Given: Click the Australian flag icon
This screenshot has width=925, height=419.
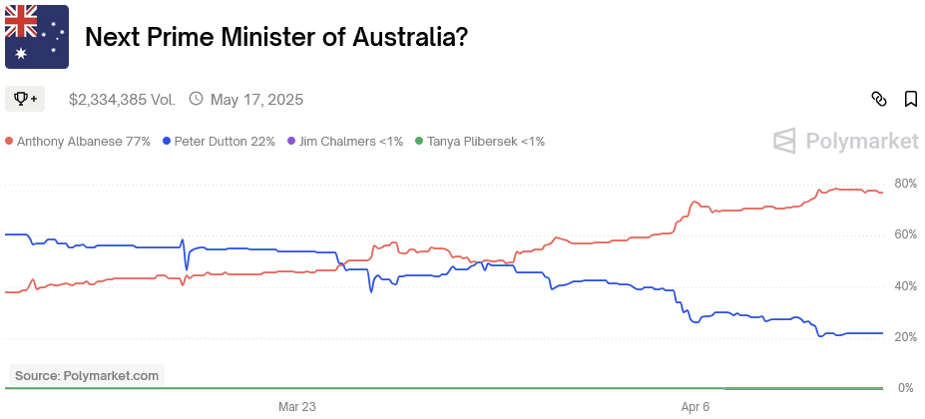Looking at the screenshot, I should coord(37,37).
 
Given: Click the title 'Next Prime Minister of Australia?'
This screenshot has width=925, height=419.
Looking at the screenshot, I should coord(276,37).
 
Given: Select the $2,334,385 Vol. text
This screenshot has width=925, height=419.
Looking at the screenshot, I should coord(122,100).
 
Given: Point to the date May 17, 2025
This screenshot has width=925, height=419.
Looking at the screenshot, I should coord(256,100).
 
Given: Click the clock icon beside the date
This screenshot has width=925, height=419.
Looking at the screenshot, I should coord(196,99).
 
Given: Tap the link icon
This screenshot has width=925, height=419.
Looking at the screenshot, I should coord(879,99).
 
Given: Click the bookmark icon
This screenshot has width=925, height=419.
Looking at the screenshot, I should coord(911,99).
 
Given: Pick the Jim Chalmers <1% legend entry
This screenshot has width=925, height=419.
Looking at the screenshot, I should coord(345,142).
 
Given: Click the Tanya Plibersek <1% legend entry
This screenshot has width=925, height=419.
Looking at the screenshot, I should coord(480,142).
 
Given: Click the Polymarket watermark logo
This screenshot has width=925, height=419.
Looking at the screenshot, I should coord(846,141).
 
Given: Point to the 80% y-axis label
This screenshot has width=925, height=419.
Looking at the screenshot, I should coord(905,184).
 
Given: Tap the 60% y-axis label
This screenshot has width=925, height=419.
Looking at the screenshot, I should coord(905,234).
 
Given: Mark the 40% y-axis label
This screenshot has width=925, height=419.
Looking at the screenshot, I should coord(905,286).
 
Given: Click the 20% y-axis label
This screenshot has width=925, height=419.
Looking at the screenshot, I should coord(905,337).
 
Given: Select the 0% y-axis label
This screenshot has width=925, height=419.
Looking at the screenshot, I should coord(908,388).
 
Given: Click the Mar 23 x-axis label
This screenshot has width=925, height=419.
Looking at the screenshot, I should coord(296,407).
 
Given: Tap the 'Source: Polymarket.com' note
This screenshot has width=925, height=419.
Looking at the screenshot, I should coord(87,376).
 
